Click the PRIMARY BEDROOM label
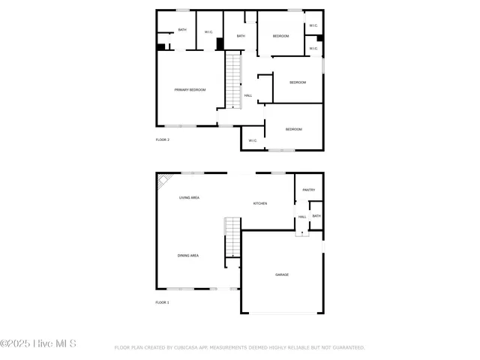coord(190,90)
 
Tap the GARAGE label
coord(282,274)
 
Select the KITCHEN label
coord(260,203)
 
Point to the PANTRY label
coord(308,190)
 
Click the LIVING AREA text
coord(189,197)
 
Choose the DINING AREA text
coord(188,256)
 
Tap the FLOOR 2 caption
coord(163,140)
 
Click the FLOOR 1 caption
coord(163,302)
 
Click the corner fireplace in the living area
coord(163,180)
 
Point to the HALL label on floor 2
coord(247,95)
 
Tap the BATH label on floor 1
coord(316,216)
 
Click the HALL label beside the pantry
coord(302,217)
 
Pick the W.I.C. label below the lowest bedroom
coord(253,140)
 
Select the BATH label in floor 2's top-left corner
coord(182,30)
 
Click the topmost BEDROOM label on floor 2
coord(280,36)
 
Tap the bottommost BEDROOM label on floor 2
coord(293,130)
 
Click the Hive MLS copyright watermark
coord(38,344)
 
